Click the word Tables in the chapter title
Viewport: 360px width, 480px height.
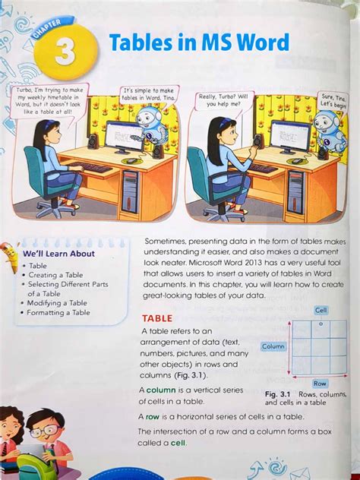pyautogui.click(x=142, y=44)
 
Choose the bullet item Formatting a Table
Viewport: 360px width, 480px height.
pyautogui.click(x=58, y=312)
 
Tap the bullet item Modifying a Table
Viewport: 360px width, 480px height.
pyautogui.click(x=57, y=303)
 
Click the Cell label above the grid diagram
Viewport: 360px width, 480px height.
pyautogui.click(x=321, y=310)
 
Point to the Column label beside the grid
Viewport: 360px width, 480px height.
pyautogui.click(x=273, y=346)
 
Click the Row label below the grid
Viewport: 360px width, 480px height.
pyautogui.click(x=319, y=384)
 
